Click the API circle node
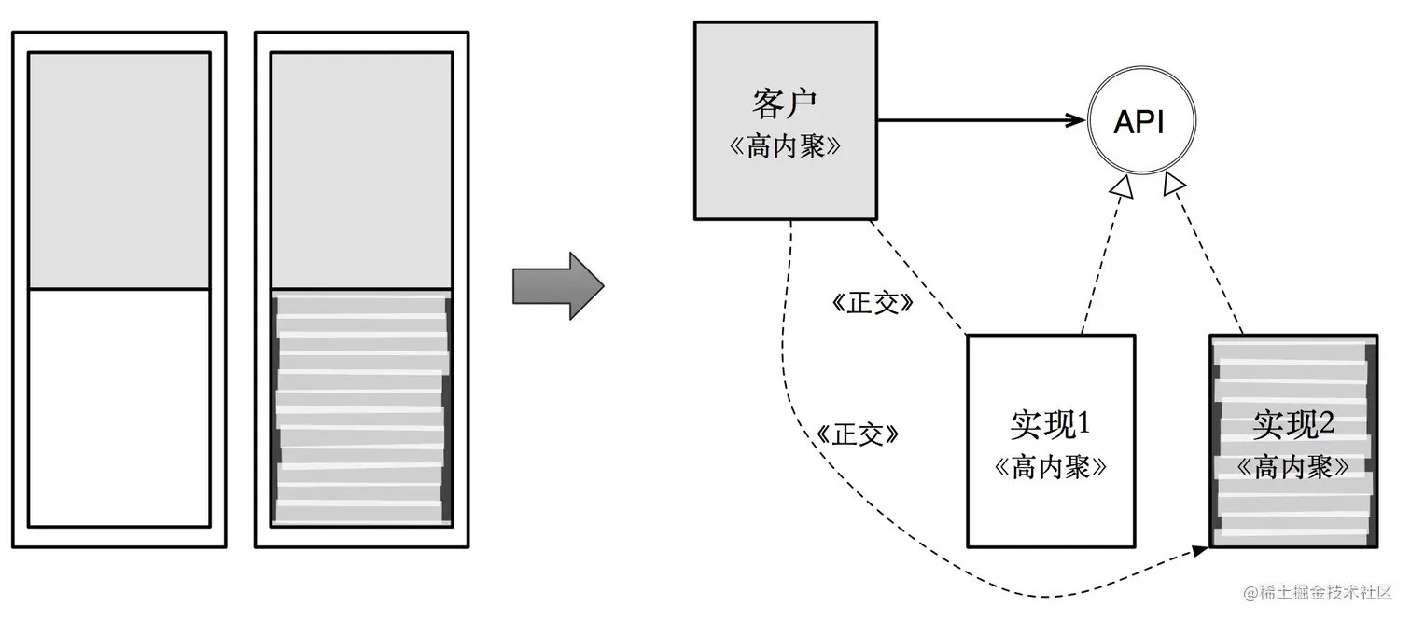tap(1140, 122)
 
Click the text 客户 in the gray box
tap(785, 103)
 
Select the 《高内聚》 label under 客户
tap(785, 146)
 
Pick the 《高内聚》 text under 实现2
tap(1292, 466)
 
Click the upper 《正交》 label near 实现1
tap(870, 304)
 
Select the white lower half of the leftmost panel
tap(119, 407)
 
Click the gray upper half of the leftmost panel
tap(119, 171)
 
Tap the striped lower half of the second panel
tap(360, 407)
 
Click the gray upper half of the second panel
tap(360, 171)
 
